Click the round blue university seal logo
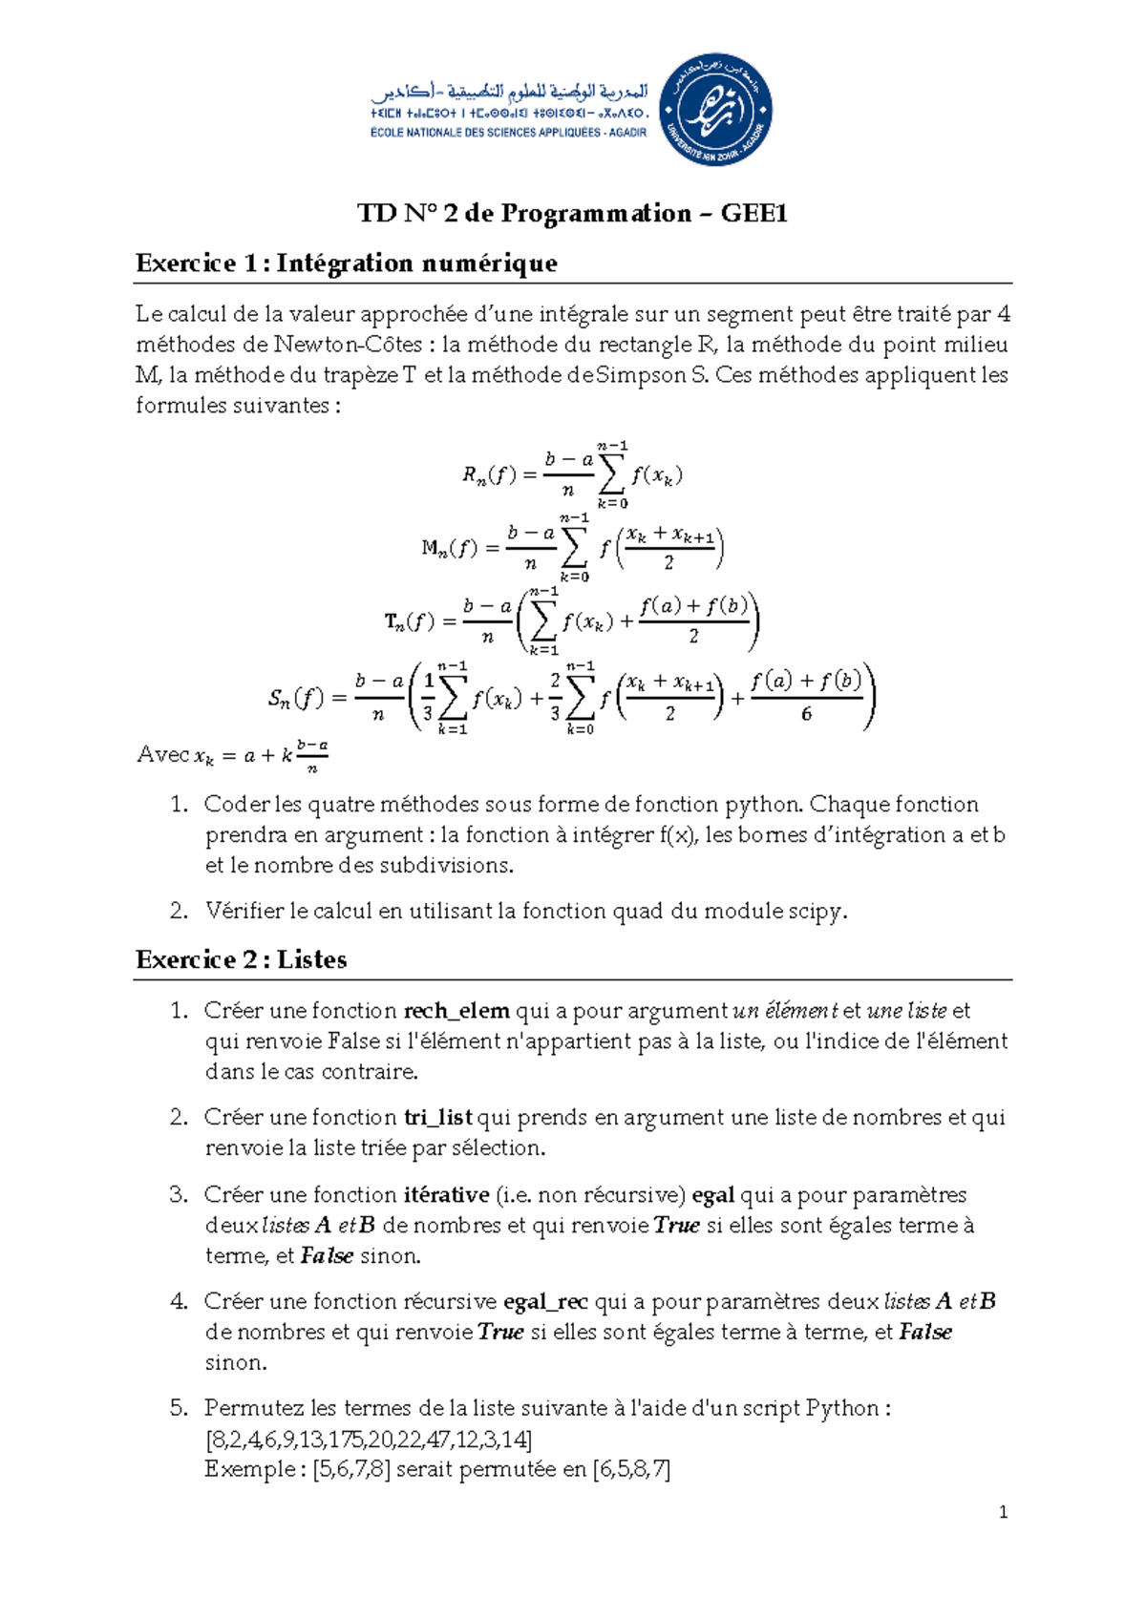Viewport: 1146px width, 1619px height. pyautogui.click(x=715, y=110)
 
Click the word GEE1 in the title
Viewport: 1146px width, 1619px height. pyautogui.click(x=753, y=213)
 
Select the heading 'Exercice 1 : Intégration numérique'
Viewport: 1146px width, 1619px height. pyautogui.click(x=346, y=263)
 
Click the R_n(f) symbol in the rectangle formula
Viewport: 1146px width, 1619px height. pyautogui.click(x=488, y=474)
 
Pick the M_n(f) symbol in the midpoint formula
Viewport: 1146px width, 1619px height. pyautogui.click(x=449, y=548)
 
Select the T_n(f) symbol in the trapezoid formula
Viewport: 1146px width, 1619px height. pyautogui.click(x=409, y=622)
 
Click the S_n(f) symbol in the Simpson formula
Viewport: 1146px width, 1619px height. pyautogui.click(x=295, y=699)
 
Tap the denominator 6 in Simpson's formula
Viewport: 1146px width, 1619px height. pyautogui.click(x=806, y=714)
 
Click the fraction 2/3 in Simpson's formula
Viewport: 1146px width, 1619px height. pyautogui.click(x=555, y=697)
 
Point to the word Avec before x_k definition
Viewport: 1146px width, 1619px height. pyautogui.click(x=162, y=754)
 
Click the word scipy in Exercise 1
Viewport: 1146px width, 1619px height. pyautogui.click(x=816, y=911)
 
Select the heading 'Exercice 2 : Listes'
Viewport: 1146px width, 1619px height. pyautogui.click(x=241, y=959)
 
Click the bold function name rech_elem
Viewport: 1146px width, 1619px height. pyautogui.click(x=456, y=1011)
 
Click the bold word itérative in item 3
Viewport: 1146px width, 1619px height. pyautogui.click(x=446, y=1194)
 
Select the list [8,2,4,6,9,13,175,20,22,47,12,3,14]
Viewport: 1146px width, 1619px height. pyautogui.click(x=369, y=1439)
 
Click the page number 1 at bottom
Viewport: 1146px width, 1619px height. pyautogui.click(x=1002, y=1512)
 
